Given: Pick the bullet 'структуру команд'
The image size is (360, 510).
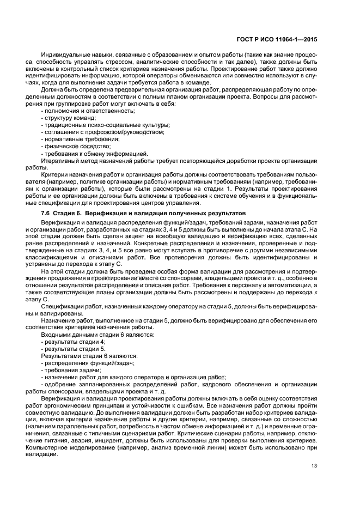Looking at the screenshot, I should pos(69,118).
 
